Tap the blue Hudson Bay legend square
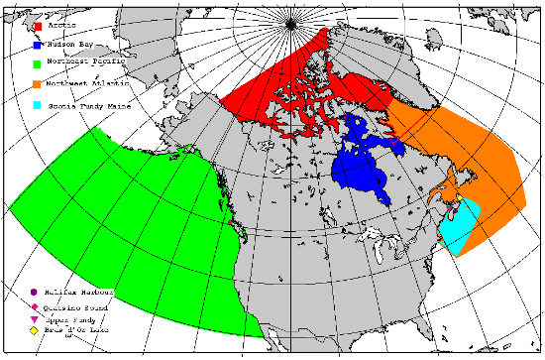pos(37,46)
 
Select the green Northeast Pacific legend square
pos(37,65)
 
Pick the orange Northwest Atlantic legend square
pos(37,85)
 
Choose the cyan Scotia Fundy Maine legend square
pos(37,105)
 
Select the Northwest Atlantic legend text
pos(90,85)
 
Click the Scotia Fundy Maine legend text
pos(90,105)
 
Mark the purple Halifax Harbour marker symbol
pos(35,293)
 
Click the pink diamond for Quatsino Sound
pos(35,305)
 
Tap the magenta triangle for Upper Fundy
pos(35,317)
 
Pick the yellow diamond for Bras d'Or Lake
pos(35,329)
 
